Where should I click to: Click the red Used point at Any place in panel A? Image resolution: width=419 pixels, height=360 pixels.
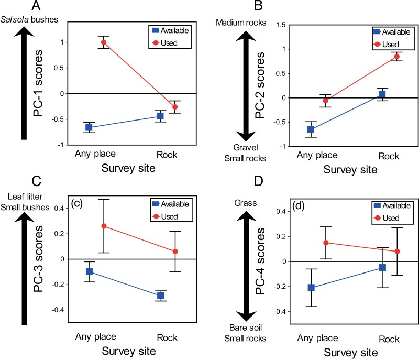(x=104, y=42)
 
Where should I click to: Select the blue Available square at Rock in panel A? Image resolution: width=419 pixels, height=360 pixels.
(x=160, y=116)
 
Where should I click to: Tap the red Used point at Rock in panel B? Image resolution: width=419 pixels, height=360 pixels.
(x=397, y=57)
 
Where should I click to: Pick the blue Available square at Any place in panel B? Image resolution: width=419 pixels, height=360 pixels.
(x=311, y=129)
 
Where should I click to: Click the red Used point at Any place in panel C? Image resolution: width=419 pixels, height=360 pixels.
(x=104, y=226)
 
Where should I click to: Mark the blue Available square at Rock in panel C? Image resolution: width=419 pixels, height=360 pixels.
(x=161, y=296)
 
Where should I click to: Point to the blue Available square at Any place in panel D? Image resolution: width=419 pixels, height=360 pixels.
(x=311, y=288)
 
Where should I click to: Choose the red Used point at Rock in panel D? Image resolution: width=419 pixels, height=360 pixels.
(x=398, y=252)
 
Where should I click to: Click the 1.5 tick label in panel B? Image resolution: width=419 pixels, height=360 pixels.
(x=281, y=25)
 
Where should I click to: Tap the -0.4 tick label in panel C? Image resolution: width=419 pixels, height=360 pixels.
(x=58, y=310)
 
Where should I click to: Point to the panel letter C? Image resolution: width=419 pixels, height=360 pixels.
(x=36, y=181)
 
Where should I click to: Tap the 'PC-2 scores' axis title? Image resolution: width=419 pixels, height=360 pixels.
(x=260, y=85)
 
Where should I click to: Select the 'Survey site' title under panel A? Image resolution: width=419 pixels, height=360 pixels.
(x=128, y=168)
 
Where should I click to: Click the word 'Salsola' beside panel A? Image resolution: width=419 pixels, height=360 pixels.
(x=15, y=19)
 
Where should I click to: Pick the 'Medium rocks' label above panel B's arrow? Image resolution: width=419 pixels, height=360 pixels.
(x=241, y=23)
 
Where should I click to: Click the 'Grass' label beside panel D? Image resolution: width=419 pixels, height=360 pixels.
(x=245, y=203)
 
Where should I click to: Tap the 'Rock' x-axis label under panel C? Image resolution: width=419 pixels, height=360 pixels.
(x=167, y=338)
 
